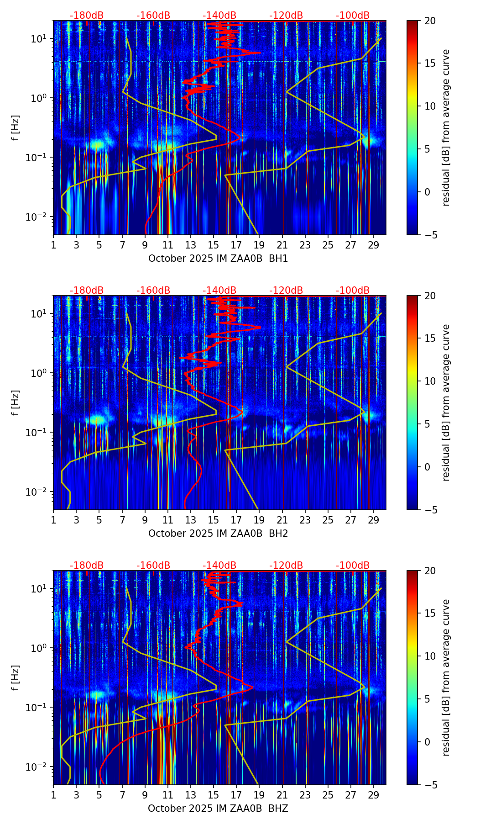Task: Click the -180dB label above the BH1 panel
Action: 87,16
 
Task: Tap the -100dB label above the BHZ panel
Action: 353,566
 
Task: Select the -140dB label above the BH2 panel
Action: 219,291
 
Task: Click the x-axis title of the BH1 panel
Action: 218,259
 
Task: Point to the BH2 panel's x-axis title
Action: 218,534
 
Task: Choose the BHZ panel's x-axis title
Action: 218,809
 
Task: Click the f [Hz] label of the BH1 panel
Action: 16,128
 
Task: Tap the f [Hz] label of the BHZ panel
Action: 16,678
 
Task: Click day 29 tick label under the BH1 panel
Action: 374,245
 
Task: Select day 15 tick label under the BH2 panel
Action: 214,520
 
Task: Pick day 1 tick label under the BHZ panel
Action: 53,795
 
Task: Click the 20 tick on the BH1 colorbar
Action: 430,21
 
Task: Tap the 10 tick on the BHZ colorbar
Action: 430,656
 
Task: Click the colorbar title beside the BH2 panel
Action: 446,402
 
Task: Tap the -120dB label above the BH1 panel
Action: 286,16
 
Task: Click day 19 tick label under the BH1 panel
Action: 259,245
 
